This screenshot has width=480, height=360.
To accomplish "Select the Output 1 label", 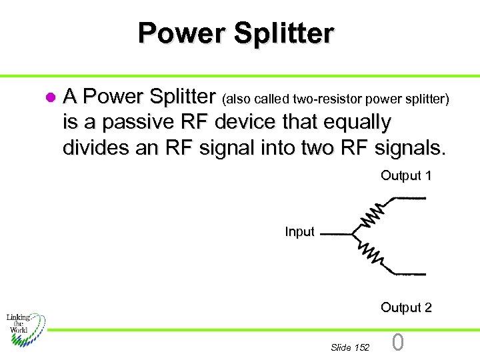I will tap(406, 176).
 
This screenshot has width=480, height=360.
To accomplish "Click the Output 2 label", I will tap(406, 307).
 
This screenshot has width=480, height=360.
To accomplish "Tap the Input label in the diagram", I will tap(299, 232).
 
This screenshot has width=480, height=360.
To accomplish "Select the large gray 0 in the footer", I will tap(397, 343).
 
